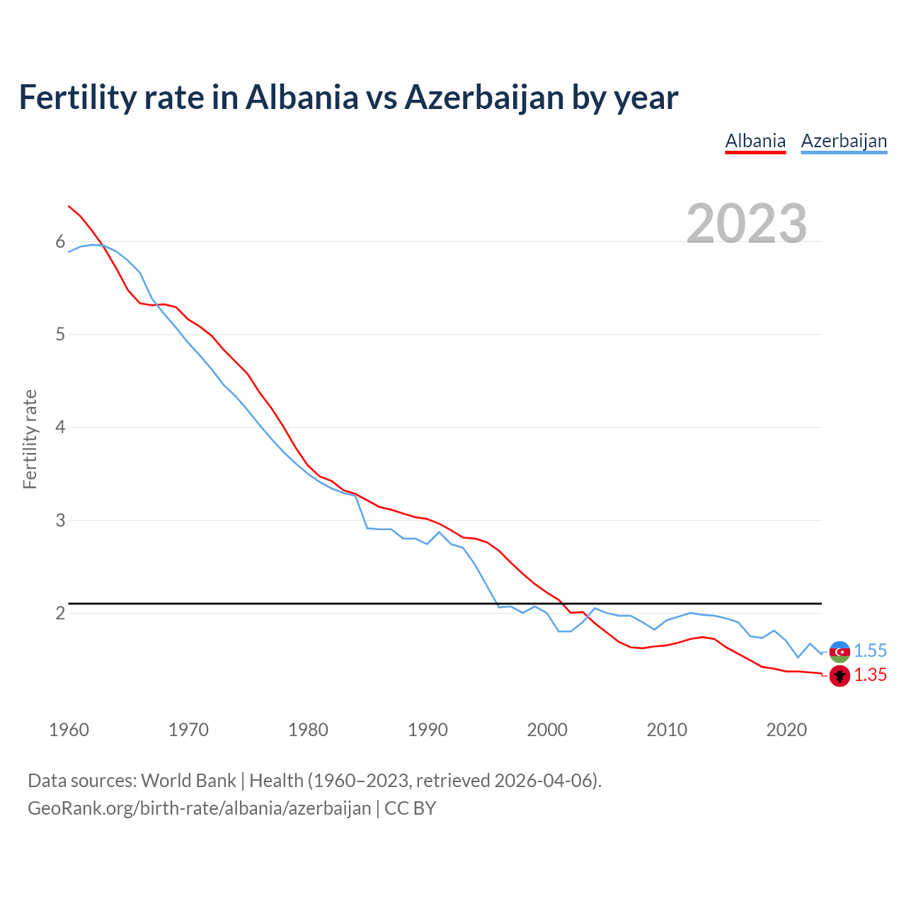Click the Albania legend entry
tap(755, 141)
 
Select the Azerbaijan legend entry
tap(844, 141)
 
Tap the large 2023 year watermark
tap(747, 223)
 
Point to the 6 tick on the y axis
tap(60, 242)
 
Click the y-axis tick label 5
tap(60, 335)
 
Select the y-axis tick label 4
tap(60, 428)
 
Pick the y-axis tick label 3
tap(60, 520)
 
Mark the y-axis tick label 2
tap(60, 613)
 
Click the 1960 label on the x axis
tap(69, 730)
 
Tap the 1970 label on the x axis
tap(188, 730)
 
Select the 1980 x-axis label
tap(308, 730)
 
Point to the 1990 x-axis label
tap(428, 730)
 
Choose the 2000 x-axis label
tap(547, 730)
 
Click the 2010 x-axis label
tap(667, 730)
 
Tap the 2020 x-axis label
tap(786, 730)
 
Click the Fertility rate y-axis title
tap(30, 439)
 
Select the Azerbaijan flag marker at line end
tap(839, 651)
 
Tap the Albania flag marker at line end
tap(839, 676)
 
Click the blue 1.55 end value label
tap(870, 651)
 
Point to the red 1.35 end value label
tap(870, 675)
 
